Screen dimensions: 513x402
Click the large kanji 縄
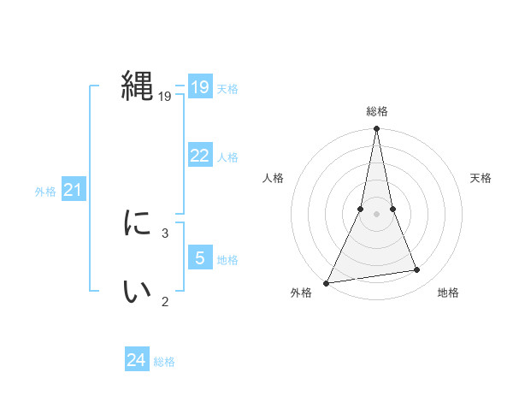click(138, 86)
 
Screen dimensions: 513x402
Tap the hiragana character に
click(138, 224)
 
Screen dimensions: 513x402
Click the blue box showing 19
click(199, 87)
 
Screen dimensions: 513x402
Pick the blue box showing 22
click(199, 156)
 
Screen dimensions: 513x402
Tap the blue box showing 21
click(73, 190)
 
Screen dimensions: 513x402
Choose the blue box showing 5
click(199, 258)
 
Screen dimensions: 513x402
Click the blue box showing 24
click(137, 360)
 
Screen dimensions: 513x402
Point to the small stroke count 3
click(165, 232)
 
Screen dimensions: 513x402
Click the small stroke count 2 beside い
click(165, 300)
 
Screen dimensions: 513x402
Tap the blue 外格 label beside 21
click(45, 192)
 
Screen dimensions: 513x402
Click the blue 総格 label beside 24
click(164, 362)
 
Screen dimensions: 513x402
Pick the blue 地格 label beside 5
click(227, 260)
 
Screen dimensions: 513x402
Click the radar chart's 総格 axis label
click(376, 111)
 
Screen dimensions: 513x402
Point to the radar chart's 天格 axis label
click(481, 178)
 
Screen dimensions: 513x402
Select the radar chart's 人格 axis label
click(273, 178)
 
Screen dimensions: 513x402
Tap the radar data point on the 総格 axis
click(376, 129)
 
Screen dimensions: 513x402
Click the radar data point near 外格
click(327, 282)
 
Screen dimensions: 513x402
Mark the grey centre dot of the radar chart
click(376, 214)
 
